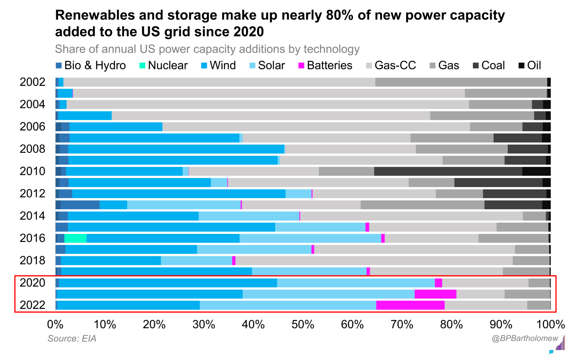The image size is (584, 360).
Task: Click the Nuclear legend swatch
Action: pyautogui.click(x=142, y=66)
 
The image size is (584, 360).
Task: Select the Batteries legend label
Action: pyautogui.click(x=329, y=66)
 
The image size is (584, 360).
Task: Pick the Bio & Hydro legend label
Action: pyautogui.click(x=95, y=66)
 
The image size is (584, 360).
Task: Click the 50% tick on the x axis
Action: pyautogui.click(x=303, y=325)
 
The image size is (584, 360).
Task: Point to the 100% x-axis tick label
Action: pyautogui.click(x=551, y=325)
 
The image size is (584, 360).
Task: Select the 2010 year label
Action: pyautogui.click(x=32, y=171)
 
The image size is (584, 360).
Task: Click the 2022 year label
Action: pyautogui.click(x=32, y=305)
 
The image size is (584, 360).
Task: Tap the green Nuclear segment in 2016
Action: pyautogui.click(x=75, y=238)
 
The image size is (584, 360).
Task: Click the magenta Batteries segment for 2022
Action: pyautogui.click(x=410, y=305)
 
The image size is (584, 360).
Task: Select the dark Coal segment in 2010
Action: pyautogui.click(x=448, y=171)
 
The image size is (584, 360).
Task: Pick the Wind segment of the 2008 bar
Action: pyautogui.click(x=176, y=149)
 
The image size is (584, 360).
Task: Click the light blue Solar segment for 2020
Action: pyautogui.click(x=356, y=283)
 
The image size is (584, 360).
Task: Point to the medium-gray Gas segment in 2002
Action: pyautogui.click(x=461, y=82)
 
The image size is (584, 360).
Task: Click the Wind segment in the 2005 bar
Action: pyautogui.click(x=85, y=116)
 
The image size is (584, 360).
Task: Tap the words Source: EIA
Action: pyautogui.click(x=72, y=338)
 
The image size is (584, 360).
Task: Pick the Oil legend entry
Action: pyautogui.click(x=530, y=66)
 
